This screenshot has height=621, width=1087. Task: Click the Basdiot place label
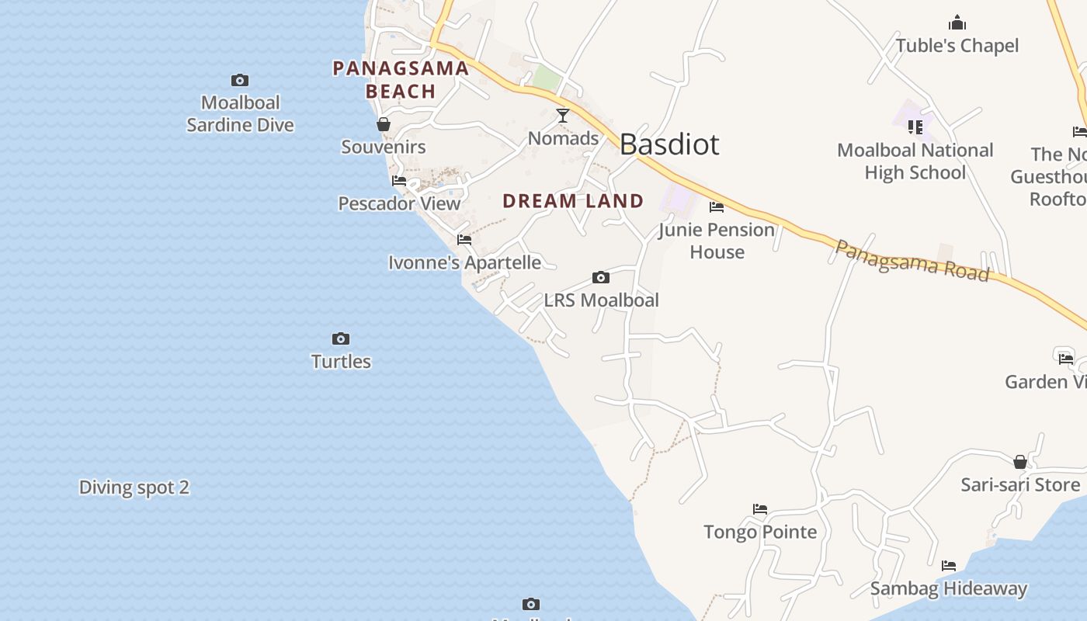coord(669,144)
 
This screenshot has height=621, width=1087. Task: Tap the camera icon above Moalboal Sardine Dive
coord(240,80)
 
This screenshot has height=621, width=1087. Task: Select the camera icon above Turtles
coord(341,338)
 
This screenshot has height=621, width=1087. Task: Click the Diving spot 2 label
coord(134,487)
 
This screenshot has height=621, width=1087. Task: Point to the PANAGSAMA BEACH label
coord(401,80)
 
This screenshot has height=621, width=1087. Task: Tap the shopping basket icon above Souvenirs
coord(384,124)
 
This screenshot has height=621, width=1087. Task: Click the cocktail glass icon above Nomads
coord(563,116)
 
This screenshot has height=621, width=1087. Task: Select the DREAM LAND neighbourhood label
coord(573,201)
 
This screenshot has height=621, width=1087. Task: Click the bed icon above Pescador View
coord(399,181)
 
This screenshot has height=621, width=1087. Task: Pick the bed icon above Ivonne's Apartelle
coord(464,240)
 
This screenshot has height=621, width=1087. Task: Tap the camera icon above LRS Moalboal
coord(600,277)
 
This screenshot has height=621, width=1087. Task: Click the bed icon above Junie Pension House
coord(717,207)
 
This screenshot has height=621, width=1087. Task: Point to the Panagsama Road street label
coord(912,261)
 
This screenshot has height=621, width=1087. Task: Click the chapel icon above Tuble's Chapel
coord(957,23)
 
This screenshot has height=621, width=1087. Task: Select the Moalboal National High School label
coord(915,161)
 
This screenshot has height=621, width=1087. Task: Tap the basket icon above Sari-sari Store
coord(1020,462)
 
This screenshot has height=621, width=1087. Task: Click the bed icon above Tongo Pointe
coord(760,509)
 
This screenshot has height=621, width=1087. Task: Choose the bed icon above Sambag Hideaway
coord(949,566)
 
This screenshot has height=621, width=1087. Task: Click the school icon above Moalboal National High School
coord(915,127)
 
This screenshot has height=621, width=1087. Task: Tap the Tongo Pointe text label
coord(760,532)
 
